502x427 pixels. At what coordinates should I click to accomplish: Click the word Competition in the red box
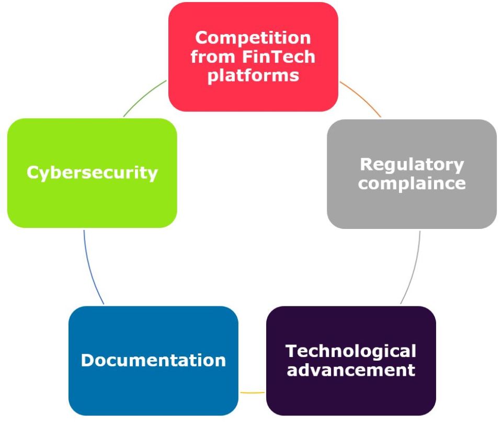pyautogui.click(x=253, y=38)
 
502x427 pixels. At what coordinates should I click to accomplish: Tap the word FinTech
pyautogui.click(x=283, y=56)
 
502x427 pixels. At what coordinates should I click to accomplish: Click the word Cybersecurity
pyautogui.click(x=92, y=172)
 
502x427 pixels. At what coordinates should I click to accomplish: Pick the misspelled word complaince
pyautogui.click(x=412, y=183)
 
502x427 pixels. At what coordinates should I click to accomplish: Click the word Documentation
pyautogui.click(x=153, y=360)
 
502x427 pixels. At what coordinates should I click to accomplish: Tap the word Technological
pyautogui.click(x=351, y=351)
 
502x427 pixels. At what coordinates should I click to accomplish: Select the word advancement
pyautogui.click(x=351, y=370)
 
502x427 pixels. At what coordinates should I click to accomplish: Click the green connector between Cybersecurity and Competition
pyautogui.click(x=145, y=98)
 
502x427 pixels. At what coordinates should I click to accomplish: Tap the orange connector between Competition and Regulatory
pyautogui.click(x=361, y=99)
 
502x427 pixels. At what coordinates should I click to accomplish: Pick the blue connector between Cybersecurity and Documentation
pyautogui.click(x=91, y=269)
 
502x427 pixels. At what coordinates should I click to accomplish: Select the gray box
pyautogui.click(x=412, y=209)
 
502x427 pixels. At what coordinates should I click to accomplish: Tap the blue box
pyautogui.click(x=153, y=392)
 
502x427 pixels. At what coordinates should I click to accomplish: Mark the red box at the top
pyautogui.click(x=253, y=97)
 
